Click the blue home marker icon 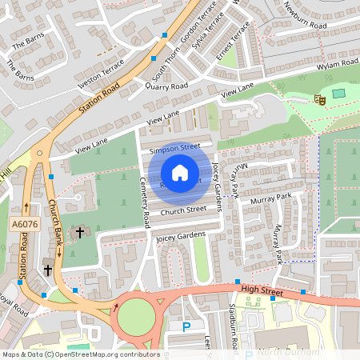coord(180,172)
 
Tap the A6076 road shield coord(22,226)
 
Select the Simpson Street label coord(174,148)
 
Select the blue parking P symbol coord(187,326)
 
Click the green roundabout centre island coord(136,319)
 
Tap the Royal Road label coord(11,304)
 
